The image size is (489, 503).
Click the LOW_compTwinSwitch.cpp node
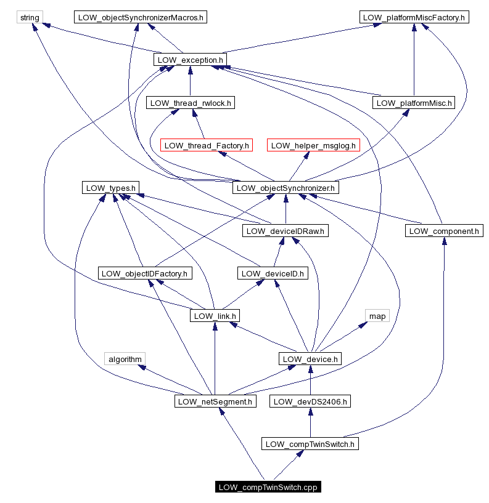tap(269, 487)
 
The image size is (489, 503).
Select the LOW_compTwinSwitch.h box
tap(310, 444)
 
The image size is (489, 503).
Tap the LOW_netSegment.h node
tap(215, 401)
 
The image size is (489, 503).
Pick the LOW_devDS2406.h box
tap(310, 401)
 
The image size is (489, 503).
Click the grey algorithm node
tap(125, 359)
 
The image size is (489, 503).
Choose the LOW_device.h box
tap(310, 359)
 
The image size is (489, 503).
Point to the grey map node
tap(377, 316)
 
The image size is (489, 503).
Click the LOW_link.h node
tap(215, 316)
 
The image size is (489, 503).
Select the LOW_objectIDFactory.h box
tap(146, 273)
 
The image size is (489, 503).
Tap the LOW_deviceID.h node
tap(273, 273)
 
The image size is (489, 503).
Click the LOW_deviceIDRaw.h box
tap(286, 231)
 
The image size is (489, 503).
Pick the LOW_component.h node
tap(444, 231)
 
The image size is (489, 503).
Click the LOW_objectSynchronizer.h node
tap(286, 188)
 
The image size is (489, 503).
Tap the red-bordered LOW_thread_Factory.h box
tap(207, 145)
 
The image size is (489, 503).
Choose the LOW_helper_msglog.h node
tap(313, 145)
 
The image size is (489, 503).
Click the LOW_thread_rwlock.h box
tap(191, 103)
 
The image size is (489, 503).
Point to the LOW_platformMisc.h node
tap(414, 103)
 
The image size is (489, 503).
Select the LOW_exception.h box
tap(190, 60)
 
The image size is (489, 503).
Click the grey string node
tap(30, 17)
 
